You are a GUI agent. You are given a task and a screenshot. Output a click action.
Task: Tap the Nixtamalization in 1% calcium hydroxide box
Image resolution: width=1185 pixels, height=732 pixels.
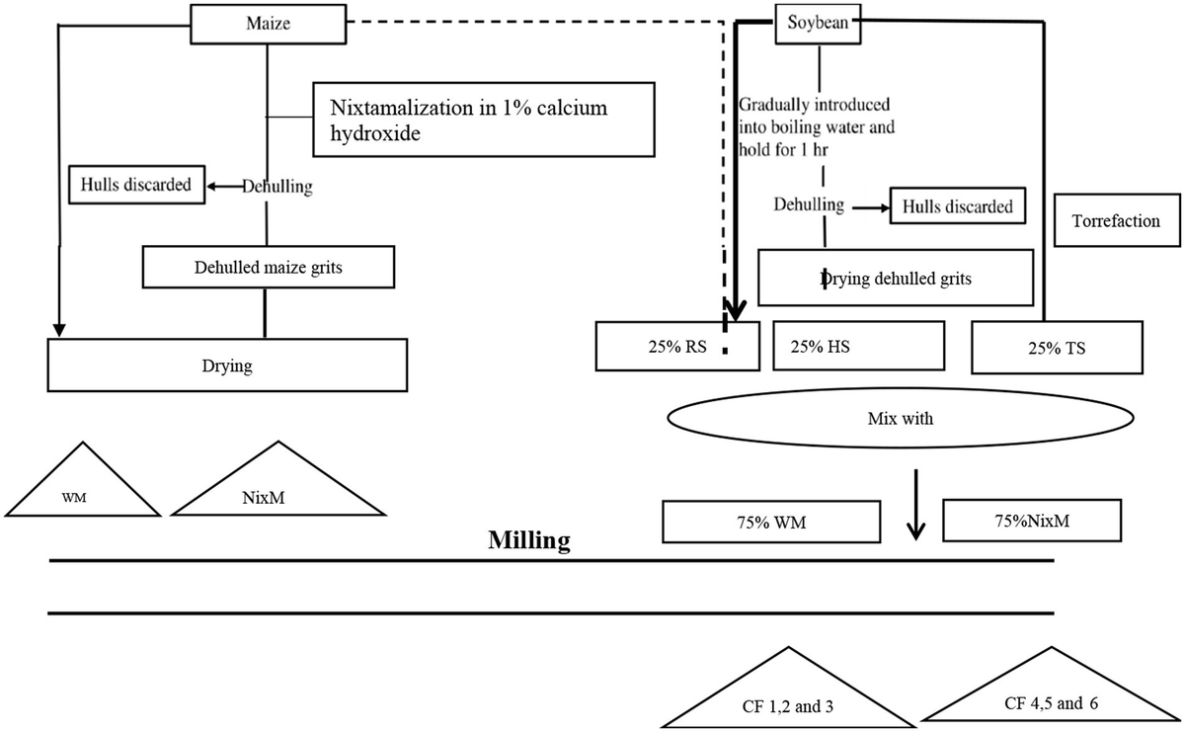pyautogui.click(x=484, y=119)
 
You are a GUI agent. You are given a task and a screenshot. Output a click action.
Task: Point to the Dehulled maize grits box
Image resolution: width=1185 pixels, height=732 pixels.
pyautogui.click(x=270, y=265)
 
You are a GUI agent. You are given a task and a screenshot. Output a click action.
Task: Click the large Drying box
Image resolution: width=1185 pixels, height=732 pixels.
pyautogui.click(x=228, y=365)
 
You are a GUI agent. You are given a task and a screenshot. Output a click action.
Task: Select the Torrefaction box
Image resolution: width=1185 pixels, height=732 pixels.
pyautogui.click(x=1115, y=221)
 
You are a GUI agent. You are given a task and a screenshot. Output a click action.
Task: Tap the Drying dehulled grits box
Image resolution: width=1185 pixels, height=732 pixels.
pyautogui.click(x=895, y=278)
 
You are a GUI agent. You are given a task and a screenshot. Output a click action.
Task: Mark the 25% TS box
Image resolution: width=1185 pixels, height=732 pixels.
pyautogui.click(x=1057, y=347)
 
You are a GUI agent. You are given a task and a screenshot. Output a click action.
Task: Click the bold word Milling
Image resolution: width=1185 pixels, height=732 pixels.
pyautogui.click(x=529, y=540)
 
